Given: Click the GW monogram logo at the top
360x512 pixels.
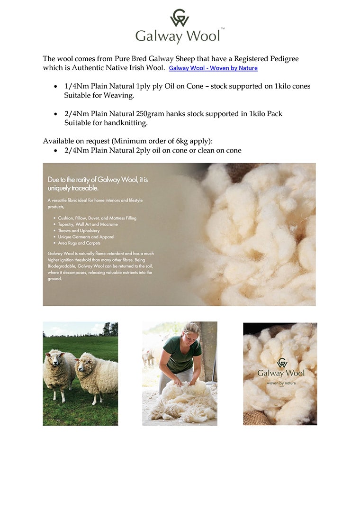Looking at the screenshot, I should click(x=180, y=18).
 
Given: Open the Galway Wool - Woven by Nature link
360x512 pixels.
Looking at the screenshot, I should click(x=213, y=68).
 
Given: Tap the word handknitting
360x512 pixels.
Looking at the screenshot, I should click(x=128, y=123).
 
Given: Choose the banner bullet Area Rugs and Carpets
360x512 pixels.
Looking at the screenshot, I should click(x=79, y=243).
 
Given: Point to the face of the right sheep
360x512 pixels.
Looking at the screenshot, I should click(x=84, y=366).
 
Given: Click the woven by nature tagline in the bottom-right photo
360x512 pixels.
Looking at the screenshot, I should click(x=281, y=383).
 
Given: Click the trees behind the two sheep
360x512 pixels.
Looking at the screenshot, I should click(x=109, y=329).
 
